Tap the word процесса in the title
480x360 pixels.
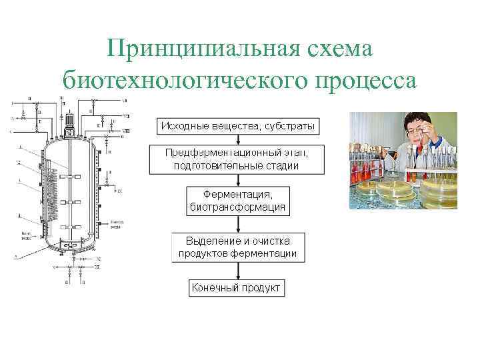pyautogui.click(x=362, y=79)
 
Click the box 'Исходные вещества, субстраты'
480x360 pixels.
pyautogui.click(x=237, y=126)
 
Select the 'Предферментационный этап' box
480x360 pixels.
pyautogui.click(x=237, y=159)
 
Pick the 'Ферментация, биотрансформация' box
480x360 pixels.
pyautogui.click(x=237, y=200)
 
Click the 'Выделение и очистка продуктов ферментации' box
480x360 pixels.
pyautogui.click(x=237, y=246)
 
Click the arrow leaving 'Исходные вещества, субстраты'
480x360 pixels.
pyautogui.click(x=237, y=139)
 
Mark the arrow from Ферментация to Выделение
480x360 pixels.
pyautogui.click(x=237, y=223)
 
